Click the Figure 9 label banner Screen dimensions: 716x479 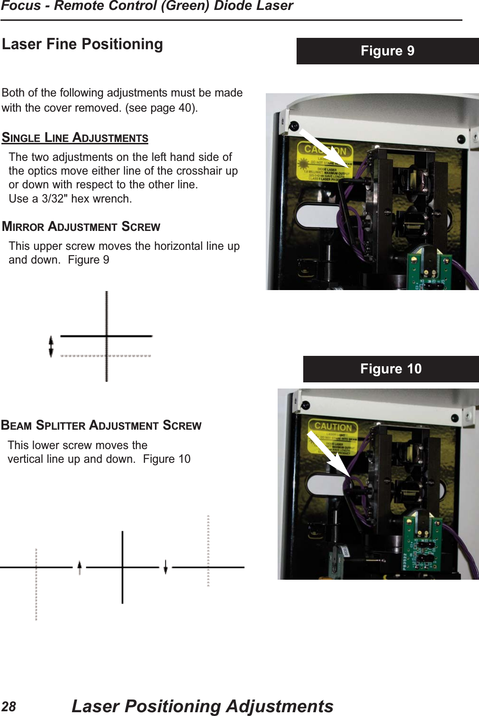(387, 51)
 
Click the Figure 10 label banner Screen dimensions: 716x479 (390, 369)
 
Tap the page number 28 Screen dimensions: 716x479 (9, 707)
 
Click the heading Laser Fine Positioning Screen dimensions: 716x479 (82, 44)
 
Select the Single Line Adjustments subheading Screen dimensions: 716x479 (75, 138)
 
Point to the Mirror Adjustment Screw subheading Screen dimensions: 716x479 (81, 227)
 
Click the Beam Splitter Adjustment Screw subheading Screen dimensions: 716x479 (101, 425)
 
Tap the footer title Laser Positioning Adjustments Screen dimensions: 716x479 (202, 706)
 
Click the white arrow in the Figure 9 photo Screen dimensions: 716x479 (325, 148)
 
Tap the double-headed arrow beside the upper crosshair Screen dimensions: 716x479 (51, 346)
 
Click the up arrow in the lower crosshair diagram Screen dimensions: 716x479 (80, 567)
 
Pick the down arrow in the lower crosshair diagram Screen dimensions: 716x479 (165, 567)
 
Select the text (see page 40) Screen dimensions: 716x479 (161, 108)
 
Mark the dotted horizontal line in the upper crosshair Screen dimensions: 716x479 (106, 355)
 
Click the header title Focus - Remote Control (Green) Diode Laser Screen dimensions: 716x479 (147, 6)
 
